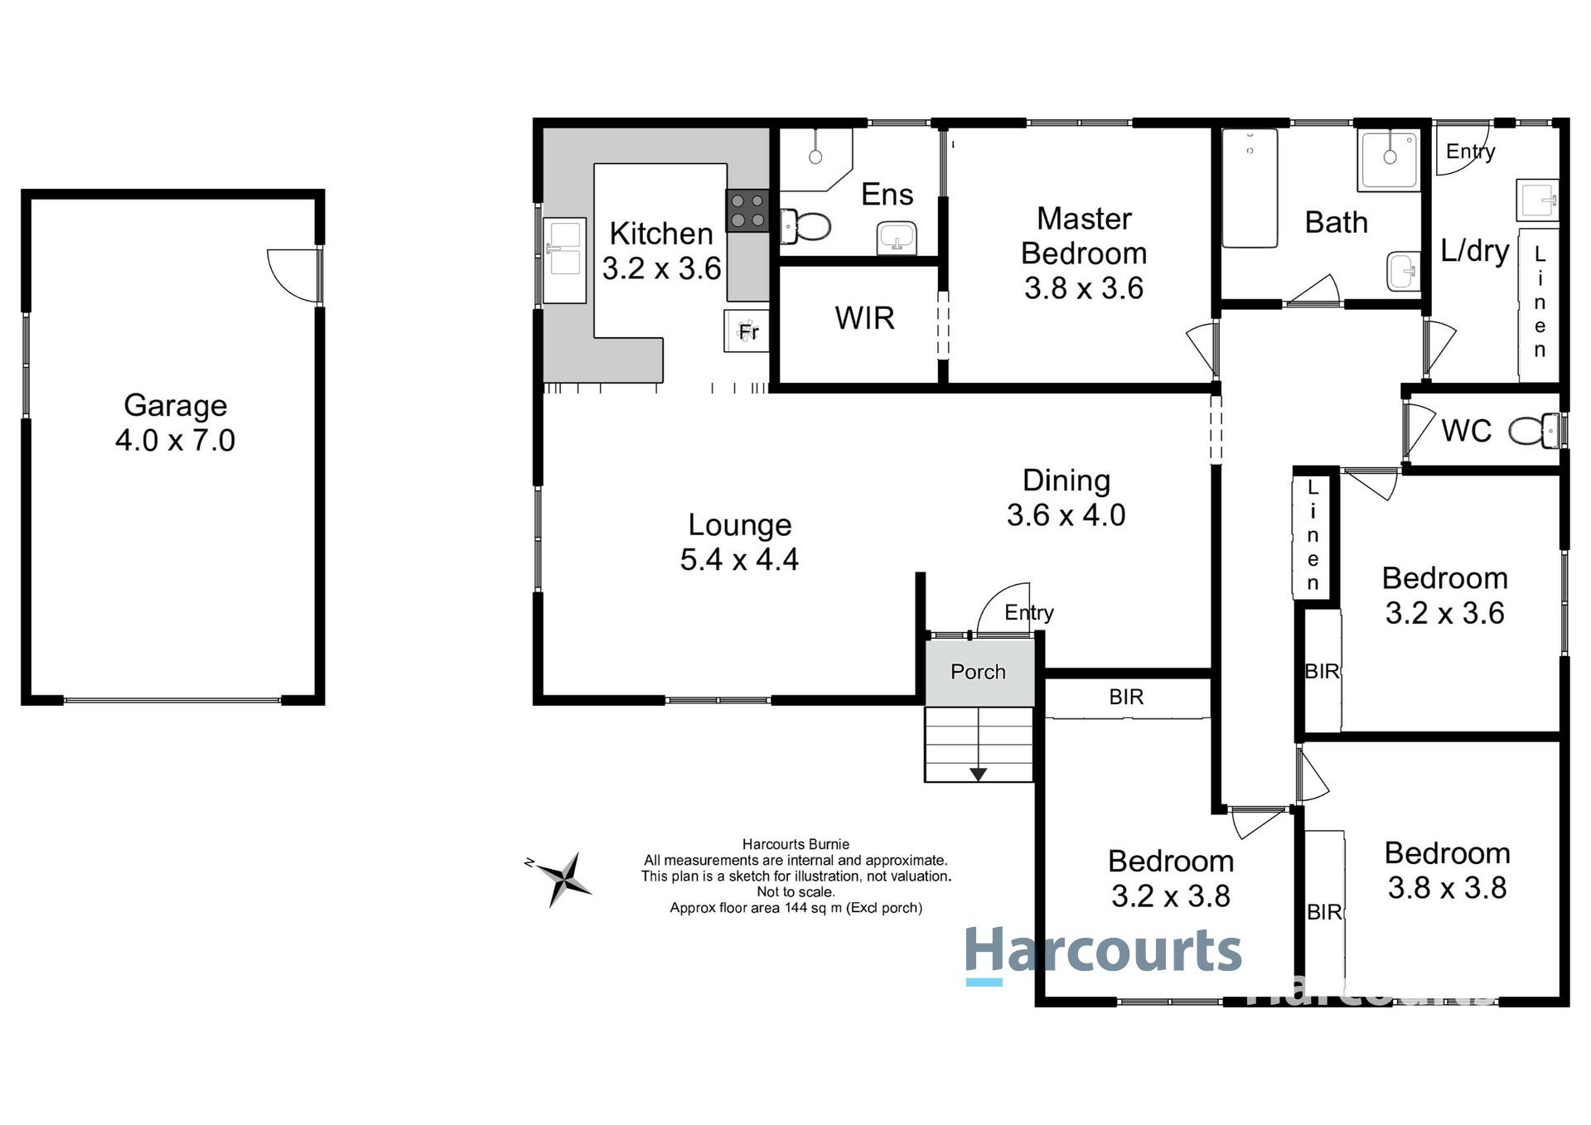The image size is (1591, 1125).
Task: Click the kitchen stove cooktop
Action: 747,210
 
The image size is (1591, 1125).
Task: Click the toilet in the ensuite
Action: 806,225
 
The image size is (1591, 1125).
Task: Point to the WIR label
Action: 864,318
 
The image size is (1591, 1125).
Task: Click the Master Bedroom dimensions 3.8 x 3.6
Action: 1083,288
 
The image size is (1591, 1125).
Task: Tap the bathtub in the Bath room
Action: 1250,188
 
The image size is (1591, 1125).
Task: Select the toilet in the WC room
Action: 1531,430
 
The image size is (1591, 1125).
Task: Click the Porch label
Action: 978,672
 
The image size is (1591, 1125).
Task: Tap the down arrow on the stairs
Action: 979,774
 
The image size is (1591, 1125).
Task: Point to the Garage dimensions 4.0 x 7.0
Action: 175,440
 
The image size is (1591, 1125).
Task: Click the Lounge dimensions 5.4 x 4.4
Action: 739,559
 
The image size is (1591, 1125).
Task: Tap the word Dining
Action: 1066,480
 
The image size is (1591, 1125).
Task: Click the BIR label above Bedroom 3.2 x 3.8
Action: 1126,697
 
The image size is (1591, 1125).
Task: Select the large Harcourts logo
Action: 1104,953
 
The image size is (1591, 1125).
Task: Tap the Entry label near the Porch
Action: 1028,612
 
